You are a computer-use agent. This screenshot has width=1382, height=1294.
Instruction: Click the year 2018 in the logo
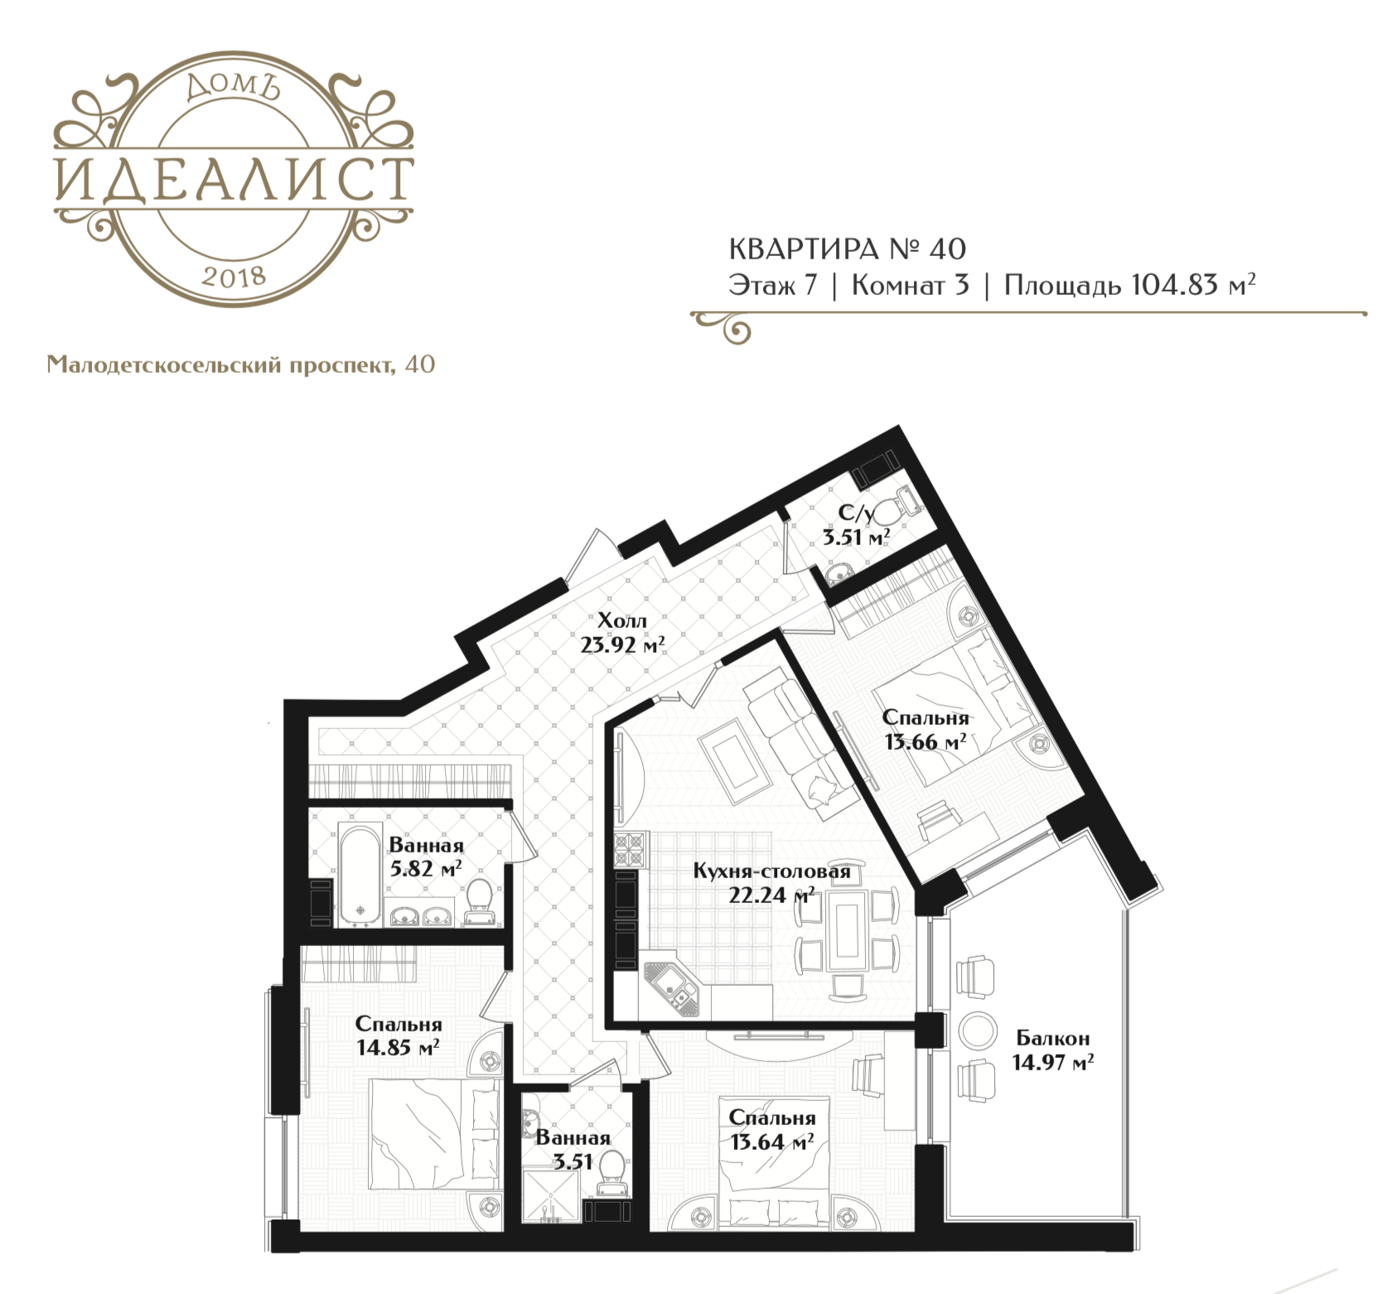(x=233, y=276)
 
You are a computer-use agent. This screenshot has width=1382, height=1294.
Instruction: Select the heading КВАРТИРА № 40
(x=848, y=249)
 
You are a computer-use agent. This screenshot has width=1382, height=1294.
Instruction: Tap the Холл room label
(x=622, y=620)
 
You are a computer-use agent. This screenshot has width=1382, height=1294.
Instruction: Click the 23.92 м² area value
(x=622, y=644)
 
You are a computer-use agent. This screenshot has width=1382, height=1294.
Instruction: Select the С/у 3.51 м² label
(x=856, y=526)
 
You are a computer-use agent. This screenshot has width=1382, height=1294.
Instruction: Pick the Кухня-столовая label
(x=772, y=872)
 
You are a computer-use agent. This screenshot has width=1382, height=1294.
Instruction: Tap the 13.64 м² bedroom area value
(x=771, y=1142)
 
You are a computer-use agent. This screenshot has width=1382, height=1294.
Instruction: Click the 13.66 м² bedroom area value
(x=925, y=741)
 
